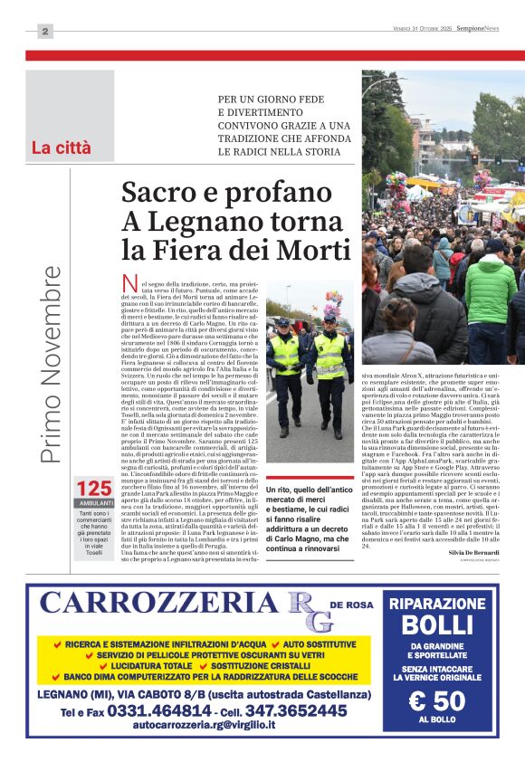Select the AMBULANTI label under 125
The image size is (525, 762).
coord(95,503)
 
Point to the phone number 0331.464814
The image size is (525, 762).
coord(160,711)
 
